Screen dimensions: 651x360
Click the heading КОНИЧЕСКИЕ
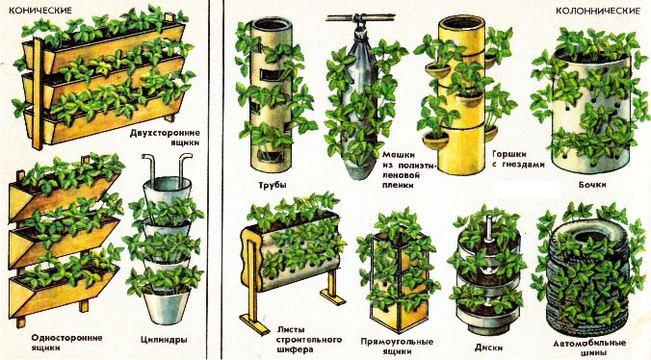click(x=40, y=11)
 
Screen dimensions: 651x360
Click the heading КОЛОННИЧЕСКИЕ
click(x=598, y=12)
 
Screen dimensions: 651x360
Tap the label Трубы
click(x=273, y=185)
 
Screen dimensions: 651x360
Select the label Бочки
click(x=592, y=184)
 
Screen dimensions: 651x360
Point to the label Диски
click(x=488, y=347)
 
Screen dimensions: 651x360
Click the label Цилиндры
click(x=164, y=340)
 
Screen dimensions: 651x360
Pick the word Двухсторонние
click(x=165, y=133)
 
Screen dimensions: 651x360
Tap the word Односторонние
click(x=66, y=338)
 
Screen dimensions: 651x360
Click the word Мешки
click(x=398, y=155)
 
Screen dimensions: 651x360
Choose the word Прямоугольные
click(x=397, y=342)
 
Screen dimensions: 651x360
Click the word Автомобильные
click(x=589, y=344)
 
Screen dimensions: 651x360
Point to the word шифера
click(x=295, y=349)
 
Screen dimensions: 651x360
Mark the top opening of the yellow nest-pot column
click(x=461, y=22)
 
